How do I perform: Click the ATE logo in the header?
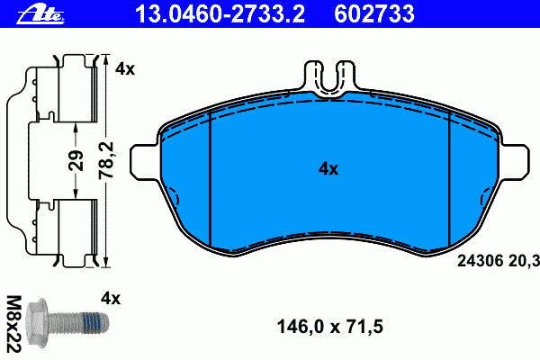click(40, 15)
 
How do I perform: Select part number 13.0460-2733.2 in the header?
click(220, 14)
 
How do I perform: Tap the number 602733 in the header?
click(374, 14)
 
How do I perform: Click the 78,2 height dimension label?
click(106, 160)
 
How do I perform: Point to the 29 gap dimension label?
click(76, 160)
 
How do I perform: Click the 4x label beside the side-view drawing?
click(125, 69)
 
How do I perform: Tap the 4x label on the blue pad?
click(328, 169)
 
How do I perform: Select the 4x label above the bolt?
click(111, 298)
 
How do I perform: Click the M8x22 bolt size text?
click(14, 324)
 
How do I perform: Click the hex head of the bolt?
click(37, 323)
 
